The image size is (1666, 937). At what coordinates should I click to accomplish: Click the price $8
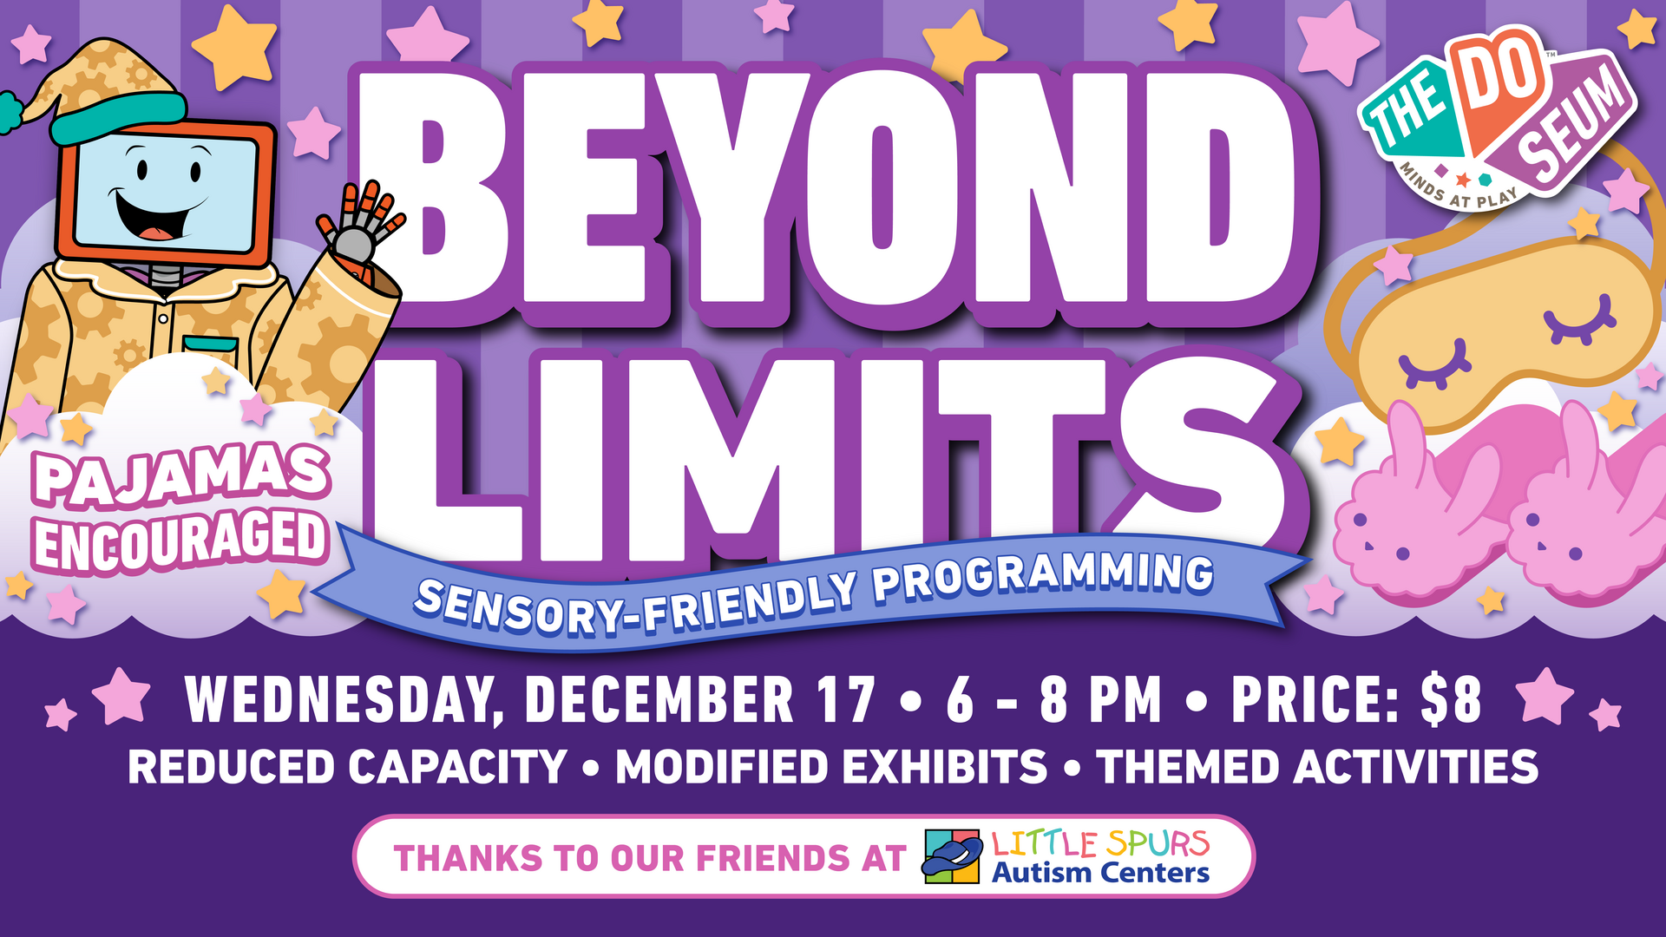[x=1451, y=699]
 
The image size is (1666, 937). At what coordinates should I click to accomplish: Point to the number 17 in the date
[x=846, y=699]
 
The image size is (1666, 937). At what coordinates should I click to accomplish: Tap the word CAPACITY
[x=457, y=767]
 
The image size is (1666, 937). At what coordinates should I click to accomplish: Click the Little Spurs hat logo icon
[x=953, y=856]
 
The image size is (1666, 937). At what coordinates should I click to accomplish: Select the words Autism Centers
[x=1100, y=873]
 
